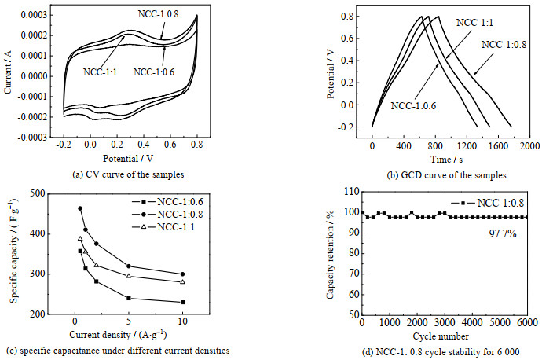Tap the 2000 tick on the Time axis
click(x=528, y=146)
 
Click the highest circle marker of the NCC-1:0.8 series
click(x=80, y=208)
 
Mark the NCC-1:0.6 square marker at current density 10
click(x=183, y=302)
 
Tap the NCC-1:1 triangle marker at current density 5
click(x=129, y=276)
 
